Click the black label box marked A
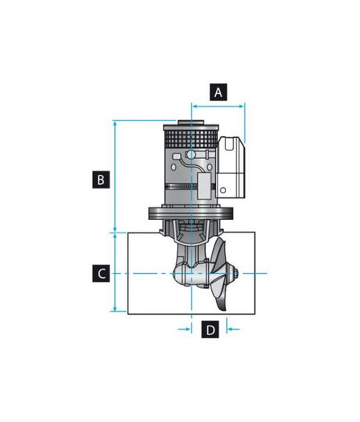[x=218, y=92]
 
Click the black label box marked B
[x=99, y=179]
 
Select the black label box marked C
[x=99, y=273]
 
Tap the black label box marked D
[x=210, y=330]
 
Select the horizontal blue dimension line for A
[x=218, y=102]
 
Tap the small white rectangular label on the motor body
[x=206, y=187]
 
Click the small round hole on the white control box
[x=225, y=189]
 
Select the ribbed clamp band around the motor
[x=184, y=190]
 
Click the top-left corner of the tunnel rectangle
[x=128, y=233]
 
